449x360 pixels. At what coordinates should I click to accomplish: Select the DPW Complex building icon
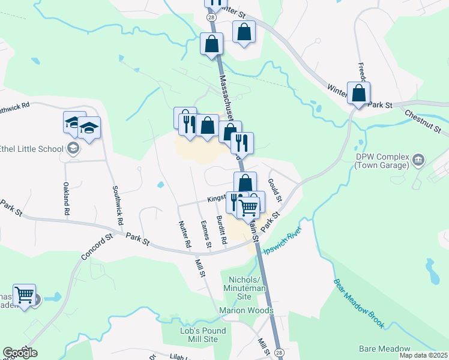coord(419,159)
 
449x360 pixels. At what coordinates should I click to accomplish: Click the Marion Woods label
coord(246,310)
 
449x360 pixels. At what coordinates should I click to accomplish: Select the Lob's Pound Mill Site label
coord(203,335)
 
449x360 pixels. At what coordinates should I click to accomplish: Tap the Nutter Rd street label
coord(185,234)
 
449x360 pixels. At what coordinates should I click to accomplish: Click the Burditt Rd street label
coord(222,229)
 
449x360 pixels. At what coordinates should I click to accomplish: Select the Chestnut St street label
coord(423,121)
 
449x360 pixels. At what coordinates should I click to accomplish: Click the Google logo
coord(20,352)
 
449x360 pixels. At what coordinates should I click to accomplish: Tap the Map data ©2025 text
coord(423,355)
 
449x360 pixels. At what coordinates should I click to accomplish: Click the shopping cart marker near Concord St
coord(25,296)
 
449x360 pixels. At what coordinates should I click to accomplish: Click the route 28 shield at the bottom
coord(279,353)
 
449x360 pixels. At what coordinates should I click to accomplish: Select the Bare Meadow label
coord(384,349)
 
